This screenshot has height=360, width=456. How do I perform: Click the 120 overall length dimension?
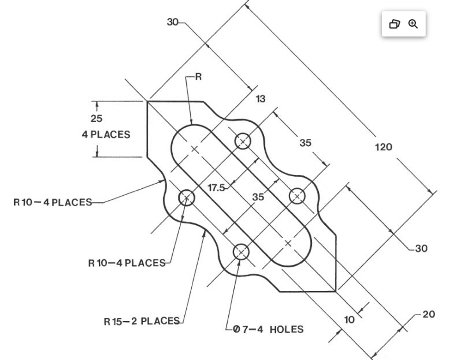383,147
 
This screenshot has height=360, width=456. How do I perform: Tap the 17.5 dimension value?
216,188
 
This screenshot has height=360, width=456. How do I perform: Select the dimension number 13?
261,99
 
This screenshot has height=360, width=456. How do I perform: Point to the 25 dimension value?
97,119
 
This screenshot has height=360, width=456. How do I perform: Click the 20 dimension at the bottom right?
428,314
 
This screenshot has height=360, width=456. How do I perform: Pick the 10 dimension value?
350,319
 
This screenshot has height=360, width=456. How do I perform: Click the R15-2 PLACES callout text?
141,321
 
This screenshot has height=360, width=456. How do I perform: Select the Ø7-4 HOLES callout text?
268,330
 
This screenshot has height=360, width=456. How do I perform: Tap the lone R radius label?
198,77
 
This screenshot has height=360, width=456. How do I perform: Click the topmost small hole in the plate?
243,141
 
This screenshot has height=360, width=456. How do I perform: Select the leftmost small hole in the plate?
187,198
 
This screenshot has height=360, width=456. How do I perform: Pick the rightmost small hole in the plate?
297,196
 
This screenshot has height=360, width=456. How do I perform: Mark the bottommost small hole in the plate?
241,252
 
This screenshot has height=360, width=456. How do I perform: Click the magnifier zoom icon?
413,24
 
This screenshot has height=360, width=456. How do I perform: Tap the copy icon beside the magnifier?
394,24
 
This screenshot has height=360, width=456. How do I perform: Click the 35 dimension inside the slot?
258,197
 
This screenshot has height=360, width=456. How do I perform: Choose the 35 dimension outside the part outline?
305,143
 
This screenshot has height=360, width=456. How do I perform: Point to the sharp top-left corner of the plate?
147,101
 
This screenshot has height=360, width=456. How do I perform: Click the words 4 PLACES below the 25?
106,135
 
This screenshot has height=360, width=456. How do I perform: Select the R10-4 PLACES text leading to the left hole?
127,263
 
